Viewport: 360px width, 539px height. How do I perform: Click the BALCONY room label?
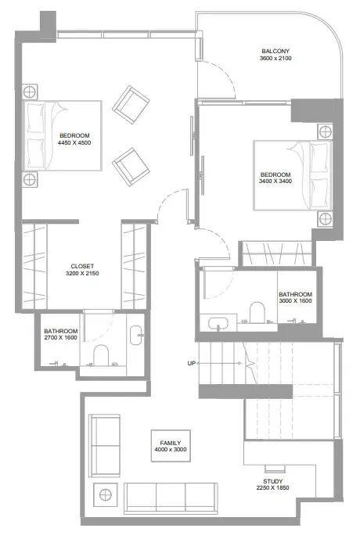click(275, 51)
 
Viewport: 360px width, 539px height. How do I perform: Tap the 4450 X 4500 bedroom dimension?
click(74, 143)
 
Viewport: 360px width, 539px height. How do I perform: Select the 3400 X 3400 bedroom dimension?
click(275, 181)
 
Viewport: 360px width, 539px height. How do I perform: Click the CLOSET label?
click(82, 267)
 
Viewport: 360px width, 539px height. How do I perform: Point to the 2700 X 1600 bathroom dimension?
click(60, 338)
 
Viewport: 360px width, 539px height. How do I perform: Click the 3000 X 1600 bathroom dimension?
click(295, 300)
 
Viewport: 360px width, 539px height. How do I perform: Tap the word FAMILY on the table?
click(171, 443)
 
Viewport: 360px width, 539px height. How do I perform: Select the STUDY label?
click(273, 481)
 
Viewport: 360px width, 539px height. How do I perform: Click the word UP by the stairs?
click(192, 363)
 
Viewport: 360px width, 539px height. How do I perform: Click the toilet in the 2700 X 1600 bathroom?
click(101, 355)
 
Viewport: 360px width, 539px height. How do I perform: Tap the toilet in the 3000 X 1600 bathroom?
click(257, 312)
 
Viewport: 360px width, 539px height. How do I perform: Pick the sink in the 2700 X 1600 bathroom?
click(135, 335)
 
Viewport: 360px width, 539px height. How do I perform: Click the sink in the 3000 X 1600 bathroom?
click(218, 323)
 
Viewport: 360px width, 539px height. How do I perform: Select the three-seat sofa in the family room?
click(171, 498)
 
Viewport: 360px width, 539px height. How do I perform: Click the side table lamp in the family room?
click(105, 495)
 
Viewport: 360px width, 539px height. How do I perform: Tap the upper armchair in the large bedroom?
click(131, 105)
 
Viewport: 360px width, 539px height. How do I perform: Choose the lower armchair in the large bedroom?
click(131, 167)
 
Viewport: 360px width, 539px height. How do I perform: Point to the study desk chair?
click(275, 469)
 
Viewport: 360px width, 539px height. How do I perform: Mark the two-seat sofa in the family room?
click(105, 446)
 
